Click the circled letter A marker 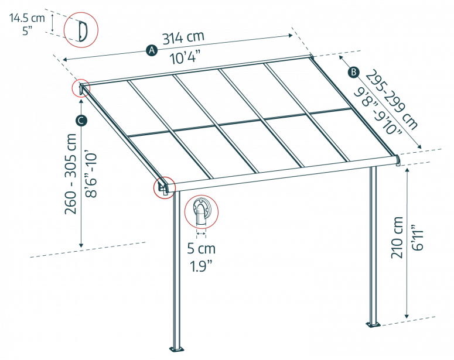tap(152, 50)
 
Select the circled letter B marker tap(353, 72)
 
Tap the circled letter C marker tap(81, 121)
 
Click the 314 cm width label tap(183, 37)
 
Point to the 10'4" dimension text tap(185, 57)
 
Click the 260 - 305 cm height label tap(71, 174)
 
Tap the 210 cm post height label tap(397, 237)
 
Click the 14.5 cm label tap(27, 18)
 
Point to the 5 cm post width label tap(202, 249)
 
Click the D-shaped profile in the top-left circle tap(83, 30)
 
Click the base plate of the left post tap(176, 349)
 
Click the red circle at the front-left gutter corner tap(165, 187)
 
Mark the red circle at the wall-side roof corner tap(81, 88)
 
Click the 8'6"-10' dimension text tap(91, 174)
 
